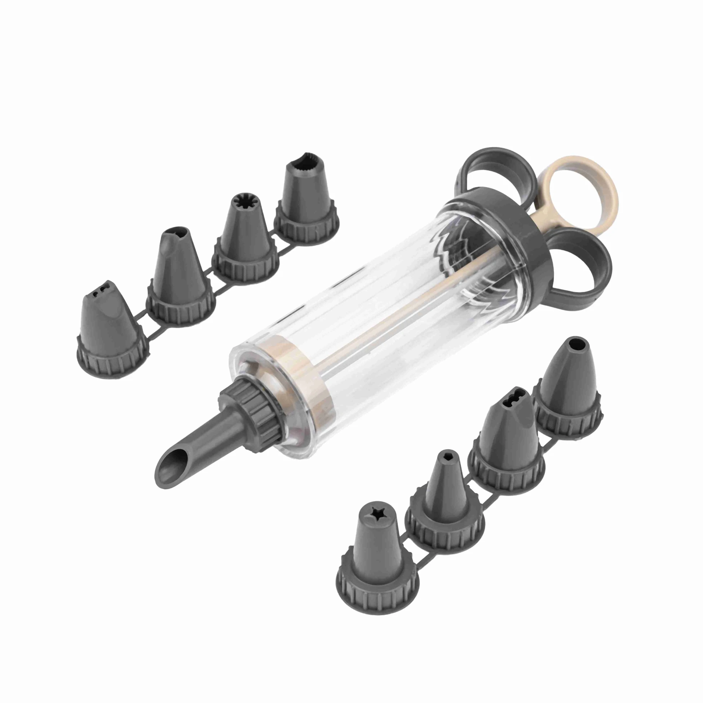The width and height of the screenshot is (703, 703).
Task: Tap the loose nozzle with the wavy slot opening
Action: click(x=509, y=433)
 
